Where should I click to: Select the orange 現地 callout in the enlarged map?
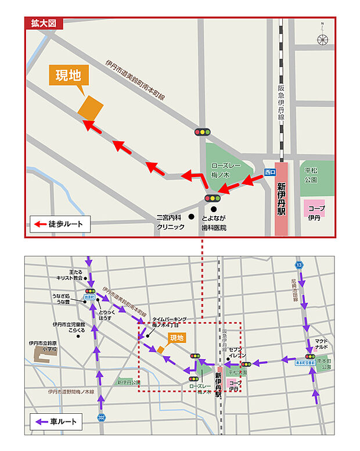coord(68,76)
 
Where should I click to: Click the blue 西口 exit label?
coord(269,172)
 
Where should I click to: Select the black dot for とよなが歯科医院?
coord(214,209)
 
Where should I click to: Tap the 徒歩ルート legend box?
coord(57,224)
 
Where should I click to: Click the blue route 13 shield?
coord(299,265)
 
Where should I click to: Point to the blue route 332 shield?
coord(102,417)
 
